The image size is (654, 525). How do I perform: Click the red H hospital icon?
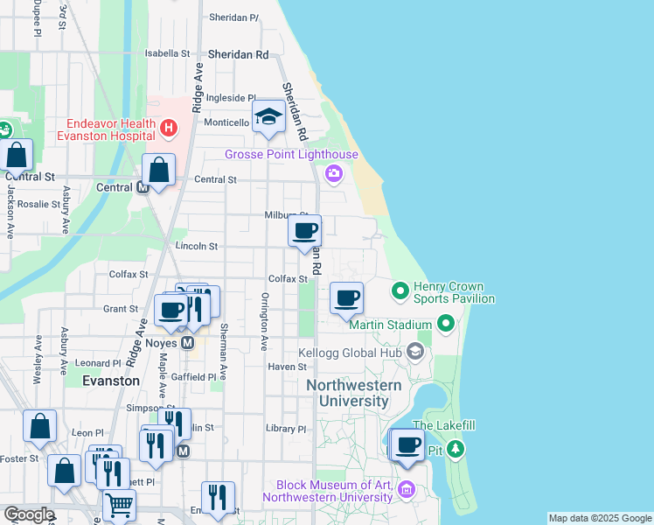pos(169,129)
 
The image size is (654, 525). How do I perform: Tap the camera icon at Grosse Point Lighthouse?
pos(333,173)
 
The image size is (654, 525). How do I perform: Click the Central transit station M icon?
pos(143,187)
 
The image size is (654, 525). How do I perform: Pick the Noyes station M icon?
pos(187,344)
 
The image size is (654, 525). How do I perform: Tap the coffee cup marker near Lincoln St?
pos(305,232)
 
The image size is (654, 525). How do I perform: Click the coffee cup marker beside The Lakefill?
pos(407,444)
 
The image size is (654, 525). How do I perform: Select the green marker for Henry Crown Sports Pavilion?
pos(400,288)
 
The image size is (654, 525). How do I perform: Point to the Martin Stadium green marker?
pos(446,325)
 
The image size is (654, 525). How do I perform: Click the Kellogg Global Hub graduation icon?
pos(414,353)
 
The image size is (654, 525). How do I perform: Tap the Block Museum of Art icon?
pos(405,488)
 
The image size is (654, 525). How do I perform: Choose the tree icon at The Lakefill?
pos(455,450)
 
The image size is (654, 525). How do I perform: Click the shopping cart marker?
pos(119,504)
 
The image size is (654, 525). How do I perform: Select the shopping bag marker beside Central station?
pos(159,170)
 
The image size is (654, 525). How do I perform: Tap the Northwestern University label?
pos(353,393)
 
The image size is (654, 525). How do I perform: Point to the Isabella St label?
pos(167,53)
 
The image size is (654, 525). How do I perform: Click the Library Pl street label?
pos(287,430)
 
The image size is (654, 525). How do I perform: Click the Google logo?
pos(28,514)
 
